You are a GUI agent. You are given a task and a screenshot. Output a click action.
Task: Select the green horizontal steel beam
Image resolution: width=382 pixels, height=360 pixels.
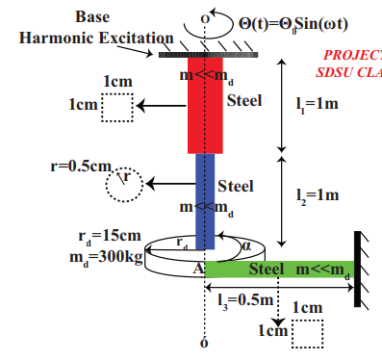[279, 269]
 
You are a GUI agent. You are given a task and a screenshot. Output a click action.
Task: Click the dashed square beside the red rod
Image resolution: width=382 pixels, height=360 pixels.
[116, 108]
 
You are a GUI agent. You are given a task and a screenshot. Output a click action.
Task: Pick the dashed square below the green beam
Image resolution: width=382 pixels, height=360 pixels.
[306, 333]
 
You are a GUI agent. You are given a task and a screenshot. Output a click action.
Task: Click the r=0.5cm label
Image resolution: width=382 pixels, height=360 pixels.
[81, 165]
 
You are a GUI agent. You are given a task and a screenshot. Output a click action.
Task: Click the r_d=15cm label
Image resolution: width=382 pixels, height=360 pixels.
[107, 234]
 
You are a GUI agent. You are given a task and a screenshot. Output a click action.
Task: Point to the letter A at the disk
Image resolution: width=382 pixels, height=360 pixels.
[196, 269]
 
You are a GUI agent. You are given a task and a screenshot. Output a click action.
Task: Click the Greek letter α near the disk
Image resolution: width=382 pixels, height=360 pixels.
[245, 245]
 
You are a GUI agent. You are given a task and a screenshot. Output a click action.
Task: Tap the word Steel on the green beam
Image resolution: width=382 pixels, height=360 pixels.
[271, 269]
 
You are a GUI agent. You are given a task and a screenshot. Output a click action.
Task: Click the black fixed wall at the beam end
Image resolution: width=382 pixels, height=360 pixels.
[357, 269]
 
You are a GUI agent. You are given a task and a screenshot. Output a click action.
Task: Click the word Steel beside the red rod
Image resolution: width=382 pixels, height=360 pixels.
[243, 99]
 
